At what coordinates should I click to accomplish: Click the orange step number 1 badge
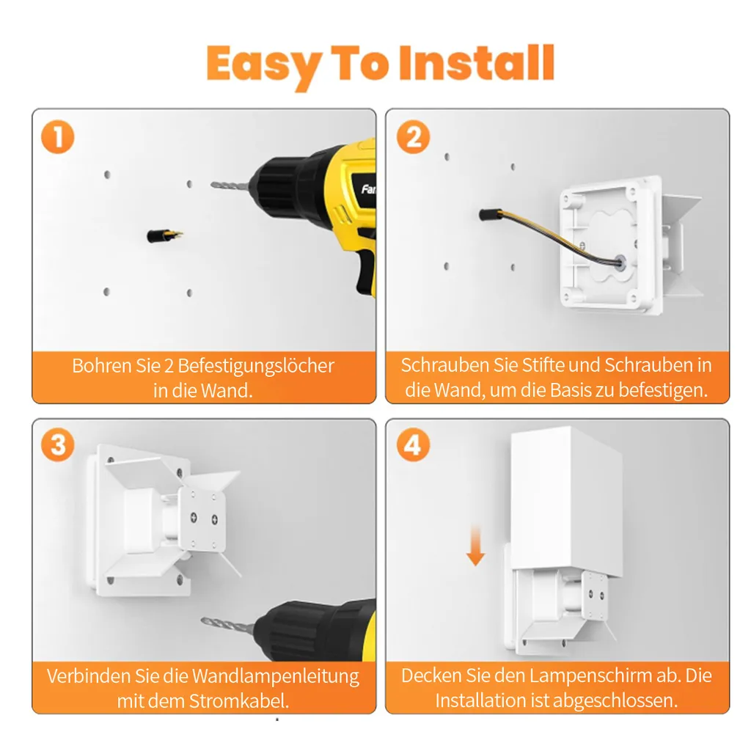click(58, 137)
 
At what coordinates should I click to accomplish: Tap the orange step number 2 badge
click(414, 137)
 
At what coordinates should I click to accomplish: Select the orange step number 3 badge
click(58, 445)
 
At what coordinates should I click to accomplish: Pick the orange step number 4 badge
click(414, 445)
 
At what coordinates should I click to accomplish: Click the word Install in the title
click(477, 63)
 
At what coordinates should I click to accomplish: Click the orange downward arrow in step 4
click(475, 545)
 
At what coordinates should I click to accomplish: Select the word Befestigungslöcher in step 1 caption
click(256, 366)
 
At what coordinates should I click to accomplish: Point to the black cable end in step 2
click(489, 214)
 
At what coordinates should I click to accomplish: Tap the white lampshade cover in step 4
click(567, 500)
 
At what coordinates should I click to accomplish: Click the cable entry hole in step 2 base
click(620, 263)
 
